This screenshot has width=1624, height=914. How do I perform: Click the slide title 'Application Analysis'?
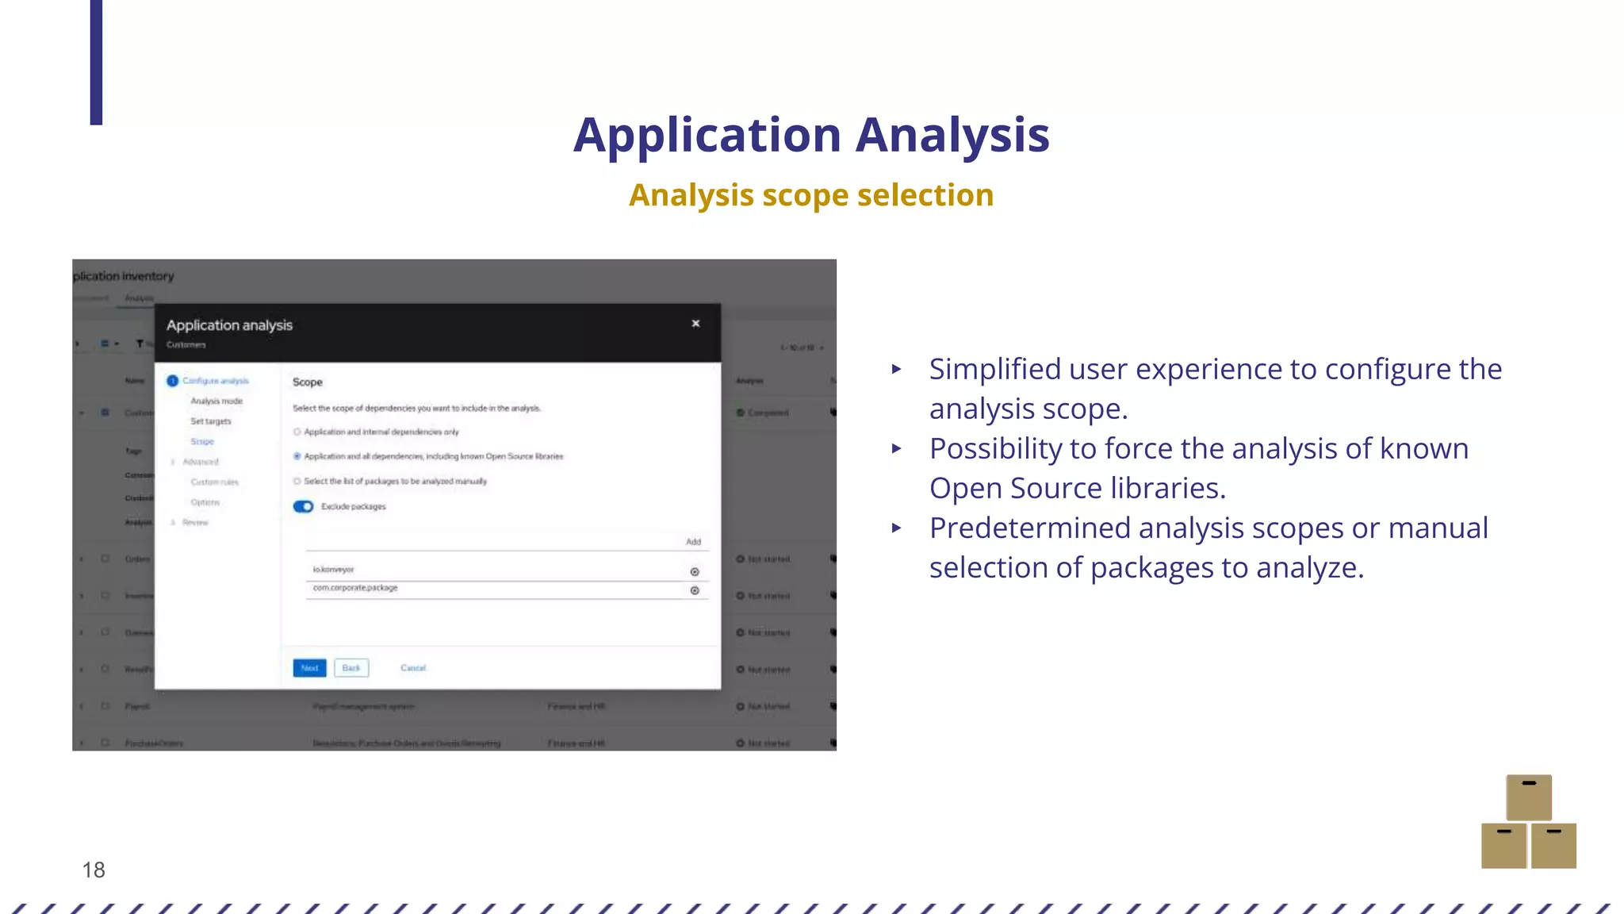(x=811, y=135)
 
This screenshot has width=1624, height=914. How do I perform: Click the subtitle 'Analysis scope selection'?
(x=811, y=195)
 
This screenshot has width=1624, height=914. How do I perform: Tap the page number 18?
(x=94, y=870)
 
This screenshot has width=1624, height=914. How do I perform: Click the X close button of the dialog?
(x=695, y=324)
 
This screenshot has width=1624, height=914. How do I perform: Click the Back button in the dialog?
(x=351, y=668)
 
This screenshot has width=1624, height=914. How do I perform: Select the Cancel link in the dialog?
(x=413, y=668)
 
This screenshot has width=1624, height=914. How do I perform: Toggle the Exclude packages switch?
(x=304, y=507)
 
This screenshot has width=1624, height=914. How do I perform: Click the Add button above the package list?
(x=693, y=542)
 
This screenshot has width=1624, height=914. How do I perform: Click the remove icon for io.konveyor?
(x=695, y=572)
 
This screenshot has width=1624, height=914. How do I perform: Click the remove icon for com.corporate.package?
(x=695, y=591)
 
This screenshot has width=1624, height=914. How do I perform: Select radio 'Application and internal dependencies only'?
(x=297, y=432)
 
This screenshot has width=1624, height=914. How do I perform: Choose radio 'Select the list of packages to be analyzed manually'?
(x=297, y=482)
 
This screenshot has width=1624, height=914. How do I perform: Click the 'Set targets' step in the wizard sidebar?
(x=211, y=421)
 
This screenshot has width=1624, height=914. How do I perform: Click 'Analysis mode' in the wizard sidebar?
(x=216, y=401)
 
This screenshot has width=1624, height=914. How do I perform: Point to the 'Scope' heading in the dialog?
(x=308, y=382)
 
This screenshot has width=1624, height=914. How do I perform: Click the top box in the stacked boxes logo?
(x=1529, y=797)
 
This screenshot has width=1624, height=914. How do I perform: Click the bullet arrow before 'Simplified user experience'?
(x=897, y=369)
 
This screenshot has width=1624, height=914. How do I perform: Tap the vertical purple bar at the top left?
(x=96, y=62)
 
